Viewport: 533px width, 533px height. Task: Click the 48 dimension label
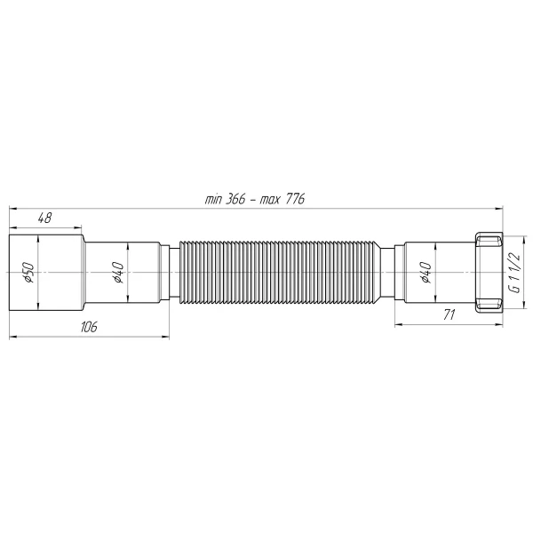(x=44, y=217)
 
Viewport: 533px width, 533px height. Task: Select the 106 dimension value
(x=88, y=327)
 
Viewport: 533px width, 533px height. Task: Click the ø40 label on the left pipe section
(x=117, y=273)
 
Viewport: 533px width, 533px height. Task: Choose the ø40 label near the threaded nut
(x=426, y=273)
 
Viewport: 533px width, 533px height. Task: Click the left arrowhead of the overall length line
(x=12, y=209)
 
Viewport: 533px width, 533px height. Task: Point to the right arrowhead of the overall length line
(x=499, y=209)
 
